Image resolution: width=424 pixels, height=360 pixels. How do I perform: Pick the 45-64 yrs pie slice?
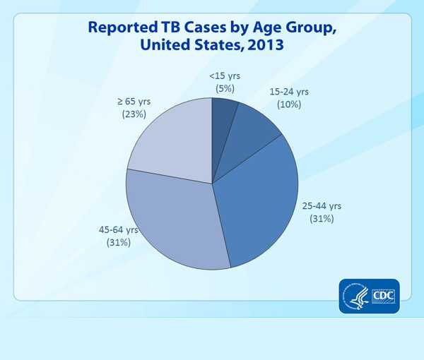177,222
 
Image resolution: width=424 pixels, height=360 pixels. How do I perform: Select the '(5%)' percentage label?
225,88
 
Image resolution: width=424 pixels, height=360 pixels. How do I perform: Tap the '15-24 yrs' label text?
289,92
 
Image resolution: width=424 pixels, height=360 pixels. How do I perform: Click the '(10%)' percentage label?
289,104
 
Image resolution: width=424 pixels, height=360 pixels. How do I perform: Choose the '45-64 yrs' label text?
118,230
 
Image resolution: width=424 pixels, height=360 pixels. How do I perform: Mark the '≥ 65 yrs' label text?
133,102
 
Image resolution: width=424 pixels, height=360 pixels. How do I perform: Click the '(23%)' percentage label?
133,114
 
